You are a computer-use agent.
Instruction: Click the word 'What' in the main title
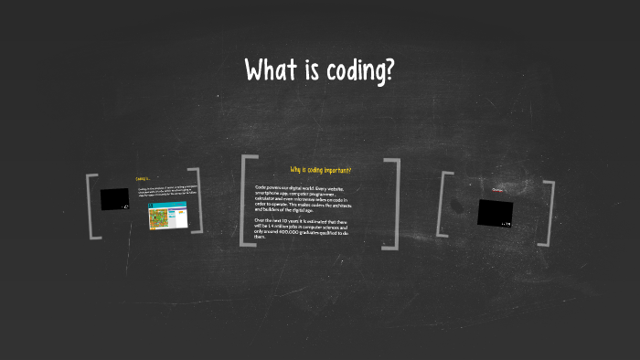coord(272,71)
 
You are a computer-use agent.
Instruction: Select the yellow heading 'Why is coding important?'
coord(320,171)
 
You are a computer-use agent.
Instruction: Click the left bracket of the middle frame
coord(243,201)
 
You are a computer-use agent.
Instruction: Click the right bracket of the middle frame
coord(394,203)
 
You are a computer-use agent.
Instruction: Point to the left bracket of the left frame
coord(91,206)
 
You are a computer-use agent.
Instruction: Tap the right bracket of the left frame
coord(195,202)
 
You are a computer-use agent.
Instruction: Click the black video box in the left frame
coord(115,199)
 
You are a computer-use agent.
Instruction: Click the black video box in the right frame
coord(495,212)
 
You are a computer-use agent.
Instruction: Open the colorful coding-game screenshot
coord(162,218)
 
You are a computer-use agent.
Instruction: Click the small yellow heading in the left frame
coord(142,179)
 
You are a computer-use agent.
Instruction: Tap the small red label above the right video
coord(497,190)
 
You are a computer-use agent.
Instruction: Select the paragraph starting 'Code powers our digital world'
coord(302,197)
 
